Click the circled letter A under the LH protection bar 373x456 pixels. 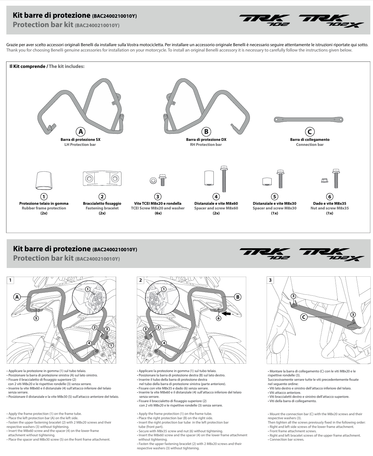[80, 131]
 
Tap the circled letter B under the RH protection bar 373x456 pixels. [206, 131]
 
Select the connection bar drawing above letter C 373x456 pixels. [308, 119]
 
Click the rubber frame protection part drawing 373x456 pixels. [43, 181]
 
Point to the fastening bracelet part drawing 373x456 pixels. [102, 178]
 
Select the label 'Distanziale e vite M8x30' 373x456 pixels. [274, 203]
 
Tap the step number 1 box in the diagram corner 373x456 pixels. [11, 280]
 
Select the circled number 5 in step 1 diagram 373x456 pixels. [35, 318]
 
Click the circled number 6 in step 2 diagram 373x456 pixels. [218, 318]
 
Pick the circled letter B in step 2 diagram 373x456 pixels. [238, 296]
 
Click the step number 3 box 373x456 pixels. [271, 280]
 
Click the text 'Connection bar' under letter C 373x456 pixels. [309, 145]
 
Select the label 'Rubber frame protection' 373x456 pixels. [44, 208]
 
